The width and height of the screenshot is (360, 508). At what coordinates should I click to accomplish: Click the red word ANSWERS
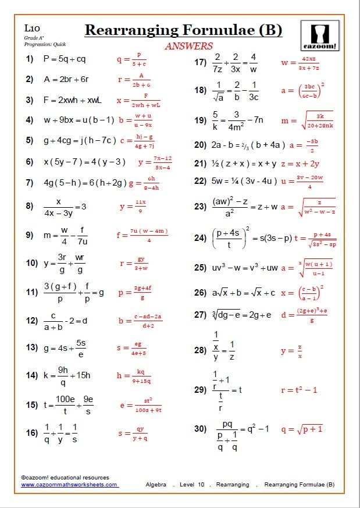pos(189,46)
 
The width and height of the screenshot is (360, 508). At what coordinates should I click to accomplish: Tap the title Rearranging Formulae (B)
pos(183,30)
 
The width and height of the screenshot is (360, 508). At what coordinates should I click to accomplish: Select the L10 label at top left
pos(31,28)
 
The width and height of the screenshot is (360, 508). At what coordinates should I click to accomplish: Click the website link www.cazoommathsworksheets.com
pos(70,484)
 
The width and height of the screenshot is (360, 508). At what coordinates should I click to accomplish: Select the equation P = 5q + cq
pos(65,59)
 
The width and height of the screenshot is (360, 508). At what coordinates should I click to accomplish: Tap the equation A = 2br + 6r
pos(66,80)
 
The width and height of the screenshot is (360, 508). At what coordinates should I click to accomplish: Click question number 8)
pos(30,205)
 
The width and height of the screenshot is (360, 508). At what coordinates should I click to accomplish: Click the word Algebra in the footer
pos(156,484)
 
